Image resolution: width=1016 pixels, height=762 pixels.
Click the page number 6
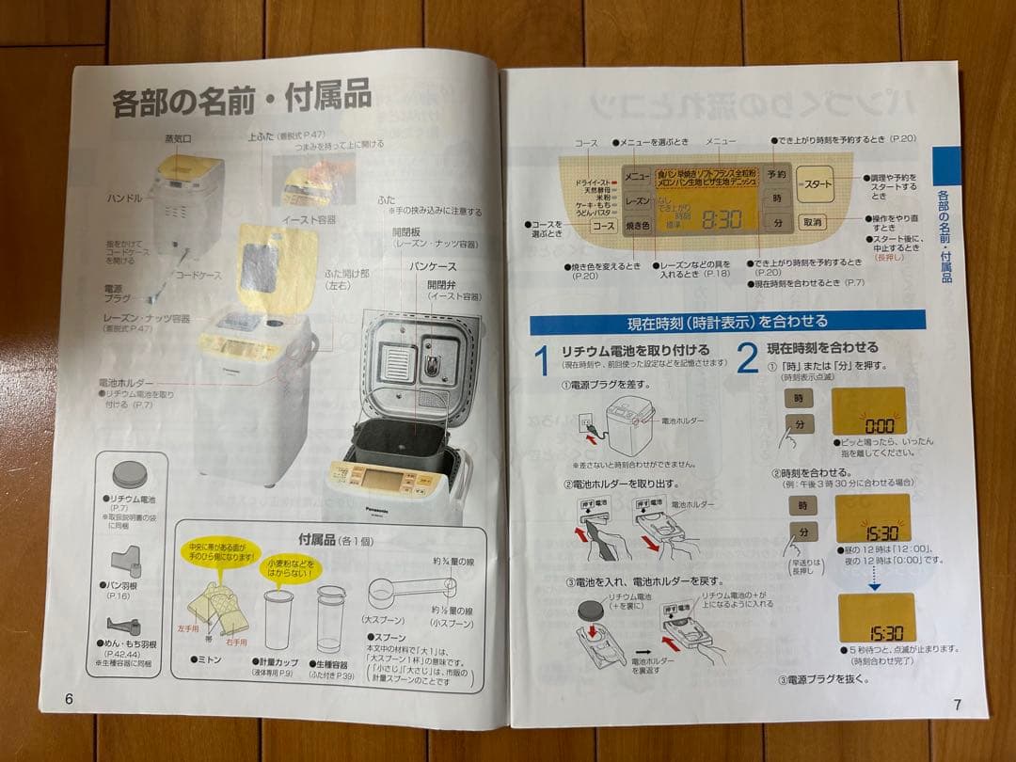69,697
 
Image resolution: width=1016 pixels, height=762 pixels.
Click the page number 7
956,704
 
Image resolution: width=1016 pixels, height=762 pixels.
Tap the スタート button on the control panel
814,184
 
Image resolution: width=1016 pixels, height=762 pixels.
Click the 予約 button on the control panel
776,175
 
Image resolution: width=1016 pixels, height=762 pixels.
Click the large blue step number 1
541,359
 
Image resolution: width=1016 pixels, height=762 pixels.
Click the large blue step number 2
747,358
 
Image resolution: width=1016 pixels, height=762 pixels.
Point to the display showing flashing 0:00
867,411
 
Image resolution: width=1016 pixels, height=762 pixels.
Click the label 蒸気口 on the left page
178,138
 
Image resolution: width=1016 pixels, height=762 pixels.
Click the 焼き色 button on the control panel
638,226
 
